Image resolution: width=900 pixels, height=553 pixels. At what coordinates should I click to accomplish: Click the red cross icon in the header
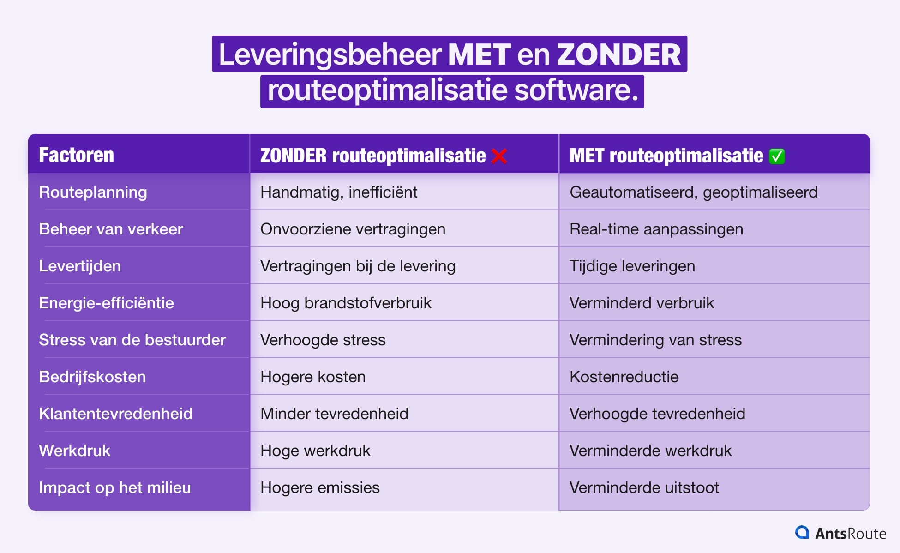pyautogui.click(x=499, y=156)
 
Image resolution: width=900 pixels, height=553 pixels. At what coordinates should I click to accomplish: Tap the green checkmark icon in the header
pyautogui.click(x=777, y=156)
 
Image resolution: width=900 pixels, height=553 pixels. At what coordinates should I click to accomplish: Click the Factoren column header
pyautogui.click(x=76, y=155)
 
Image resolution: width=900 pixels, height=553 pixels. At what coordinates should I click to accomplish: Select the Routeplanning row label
pyautogui.click(x=93, y=192)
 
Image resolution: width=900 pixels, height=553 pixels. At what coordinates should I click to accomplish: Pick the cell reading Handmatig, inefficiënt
pyautogui.click(x=339, y=192)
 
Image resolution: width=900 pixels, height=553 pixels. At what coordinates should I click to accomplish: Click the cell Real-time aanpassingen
pyautogui.click(x=656, y=229)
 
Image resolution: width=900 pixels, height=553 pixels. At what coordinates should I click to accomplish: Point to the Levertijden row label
pyautogui.click(x=80, y=266)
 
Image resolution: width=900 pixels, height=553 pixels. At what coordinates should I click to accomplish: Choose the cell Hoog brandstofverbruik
pyautogui.click(x=346, y=303)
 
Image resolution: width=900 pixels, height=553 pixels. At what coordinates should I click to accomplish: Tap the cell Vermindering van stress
pyautogui.click(x=655, y=340)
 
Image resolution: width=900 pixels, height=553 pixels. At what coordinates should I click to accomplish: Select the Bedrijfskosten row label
pyautogui.click(x=92, y=377)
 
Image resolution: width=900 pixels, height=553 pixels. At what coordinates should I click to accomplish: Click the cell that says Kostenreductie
pyautogui.click(x=624, y=377)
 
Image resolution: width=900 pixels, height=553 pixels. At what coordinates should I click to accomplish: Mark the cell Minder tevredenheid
pyautogui.click(x=334, y=414)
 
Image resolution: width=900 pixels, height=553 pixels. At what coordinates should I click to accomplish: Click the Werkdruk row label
pyautogui.click(x=74, y=451)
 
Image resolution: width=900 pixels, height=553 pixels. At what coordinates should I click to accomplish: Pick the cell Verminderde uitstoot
pyautogui.click(x=644, y=487)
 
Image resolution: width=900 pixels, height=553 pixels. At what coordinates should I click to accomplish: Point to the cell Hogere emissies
pyautogui.click(x=320, y=487)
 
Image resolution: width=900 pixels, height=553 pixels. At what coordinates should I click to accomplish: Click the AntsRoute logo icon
pyautogui.click(x=802, y=533)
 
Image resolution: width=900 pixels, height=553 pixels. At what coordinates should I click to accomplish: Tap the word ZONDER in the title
pyautogui.click(x=618, y=54)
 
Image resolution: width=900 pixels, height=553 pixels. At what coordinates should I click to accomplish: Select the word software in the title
pyautogui.click(x=576, y=90)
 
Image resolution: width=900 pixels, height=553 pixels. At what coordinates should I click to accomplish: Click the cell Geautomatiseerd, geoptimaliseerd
pyautogui.click(x=694, y=192)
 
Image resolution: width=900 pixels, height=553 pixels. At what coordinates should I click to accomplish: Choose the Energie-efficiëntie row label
pyautogui.click(x=106, y=303)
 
